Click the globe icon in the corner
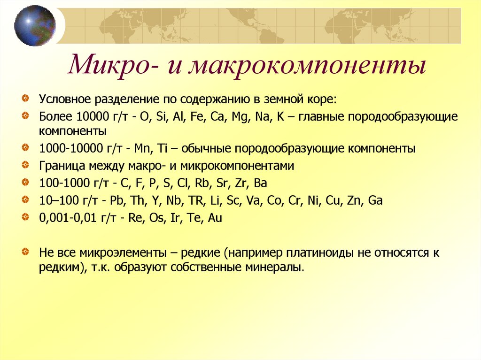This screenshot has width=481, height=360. pos(35,26)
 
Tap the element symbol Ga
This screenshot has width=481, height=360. pos(375,200)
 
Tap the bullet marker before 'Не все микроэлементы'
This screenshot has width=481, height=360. pos(29,252)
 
